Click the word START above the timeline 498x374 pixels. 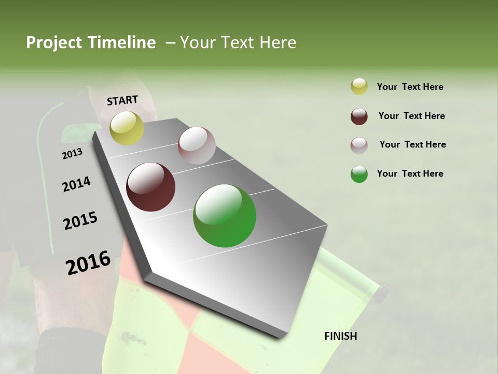122,100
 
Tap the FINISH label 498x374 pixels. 341,336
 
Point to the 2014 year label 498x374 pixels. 76,184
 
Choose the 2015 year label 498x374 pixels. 80,221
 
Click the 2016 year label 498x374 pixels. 88,263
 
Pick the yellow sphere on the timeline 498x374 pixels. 127,128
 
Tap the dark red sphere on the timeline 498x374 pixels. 151,187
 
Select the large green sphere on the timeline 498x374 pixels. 225,216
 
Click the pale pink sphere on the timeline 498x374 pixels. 197,145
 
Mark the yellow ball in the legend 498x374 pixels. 359,87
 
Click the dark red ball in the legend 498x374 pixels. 359,116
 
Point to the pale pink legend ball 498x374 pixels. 359,145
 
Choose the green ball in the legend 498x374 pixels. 359,174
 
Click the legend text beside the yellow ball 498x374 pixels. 410,87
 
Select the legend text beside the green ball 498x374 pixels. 410,173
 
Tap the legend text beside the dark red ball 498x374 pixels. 411,116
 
